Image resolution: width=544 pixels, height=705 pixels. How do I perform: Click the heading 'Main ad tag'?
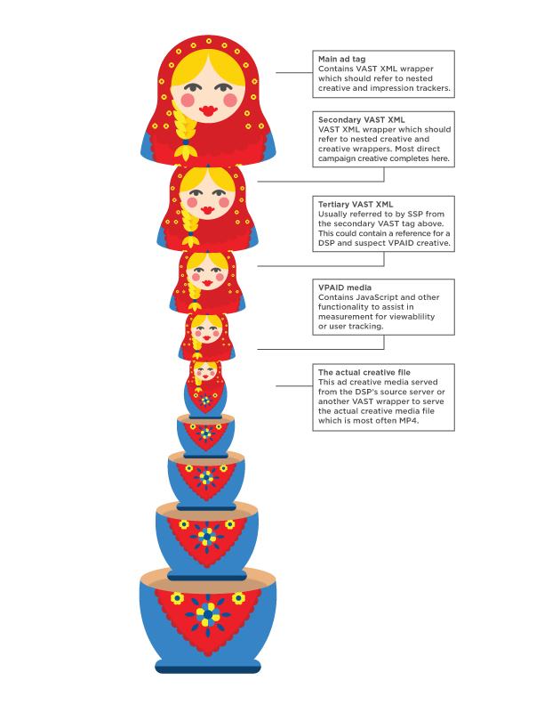341,59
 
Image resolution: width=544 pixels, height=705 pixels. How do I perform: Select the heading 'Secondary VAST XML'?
361,119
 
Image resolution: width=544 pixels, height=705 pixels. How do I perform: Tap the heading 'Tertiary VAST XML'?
356,204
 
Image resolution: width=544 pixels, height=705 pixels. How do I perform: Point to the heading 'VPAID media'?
345,288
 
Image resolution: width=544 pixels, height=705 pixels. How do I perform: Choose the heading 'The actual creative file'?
364,372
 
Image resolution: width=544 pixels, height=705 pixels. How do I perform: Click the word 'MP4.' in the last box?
409,421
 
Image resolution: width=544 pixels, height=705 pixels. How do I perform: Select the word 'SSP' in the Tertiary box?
415,214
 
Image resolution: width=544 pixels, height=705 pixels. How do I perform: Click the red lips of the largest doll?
208,110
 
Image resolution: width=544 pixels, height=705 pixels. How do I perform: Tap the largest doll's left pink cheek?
188,100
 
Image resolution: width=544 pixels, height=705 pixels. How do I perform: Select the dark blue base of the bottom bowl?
208,667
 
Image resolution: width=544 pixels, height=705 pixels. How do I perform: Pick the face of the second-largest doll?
207,198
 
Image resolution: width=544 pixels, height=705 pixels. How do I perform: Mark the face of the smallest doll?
206,371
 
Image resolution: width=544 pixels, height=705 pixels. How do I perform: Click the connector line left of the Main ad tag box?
294,72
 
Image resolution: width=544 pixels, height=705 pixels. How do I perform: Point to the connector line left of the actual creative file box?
294,385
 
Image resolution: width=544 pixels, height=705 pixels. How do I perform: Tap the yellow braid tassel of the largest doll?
186,152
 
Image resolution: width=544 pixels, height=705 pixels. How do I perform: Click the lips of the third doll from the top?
207,283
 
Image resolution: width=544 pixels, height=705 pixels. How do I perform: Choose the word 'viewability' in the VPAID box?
412,317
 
